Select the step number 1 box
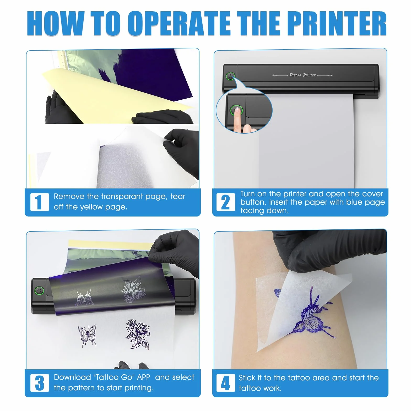[40, 202]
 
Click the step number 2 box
[226, 202]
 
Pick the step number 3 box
[40, 383]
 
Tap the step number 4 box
[226, 383]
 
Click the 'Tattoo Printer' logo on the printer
[302, 75]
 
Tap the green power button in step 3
[39, 291]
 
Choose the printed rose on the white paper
[138, 334]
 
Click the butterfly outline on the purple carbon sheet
[84, 298]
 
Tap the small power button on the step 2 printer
[230, 76]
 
